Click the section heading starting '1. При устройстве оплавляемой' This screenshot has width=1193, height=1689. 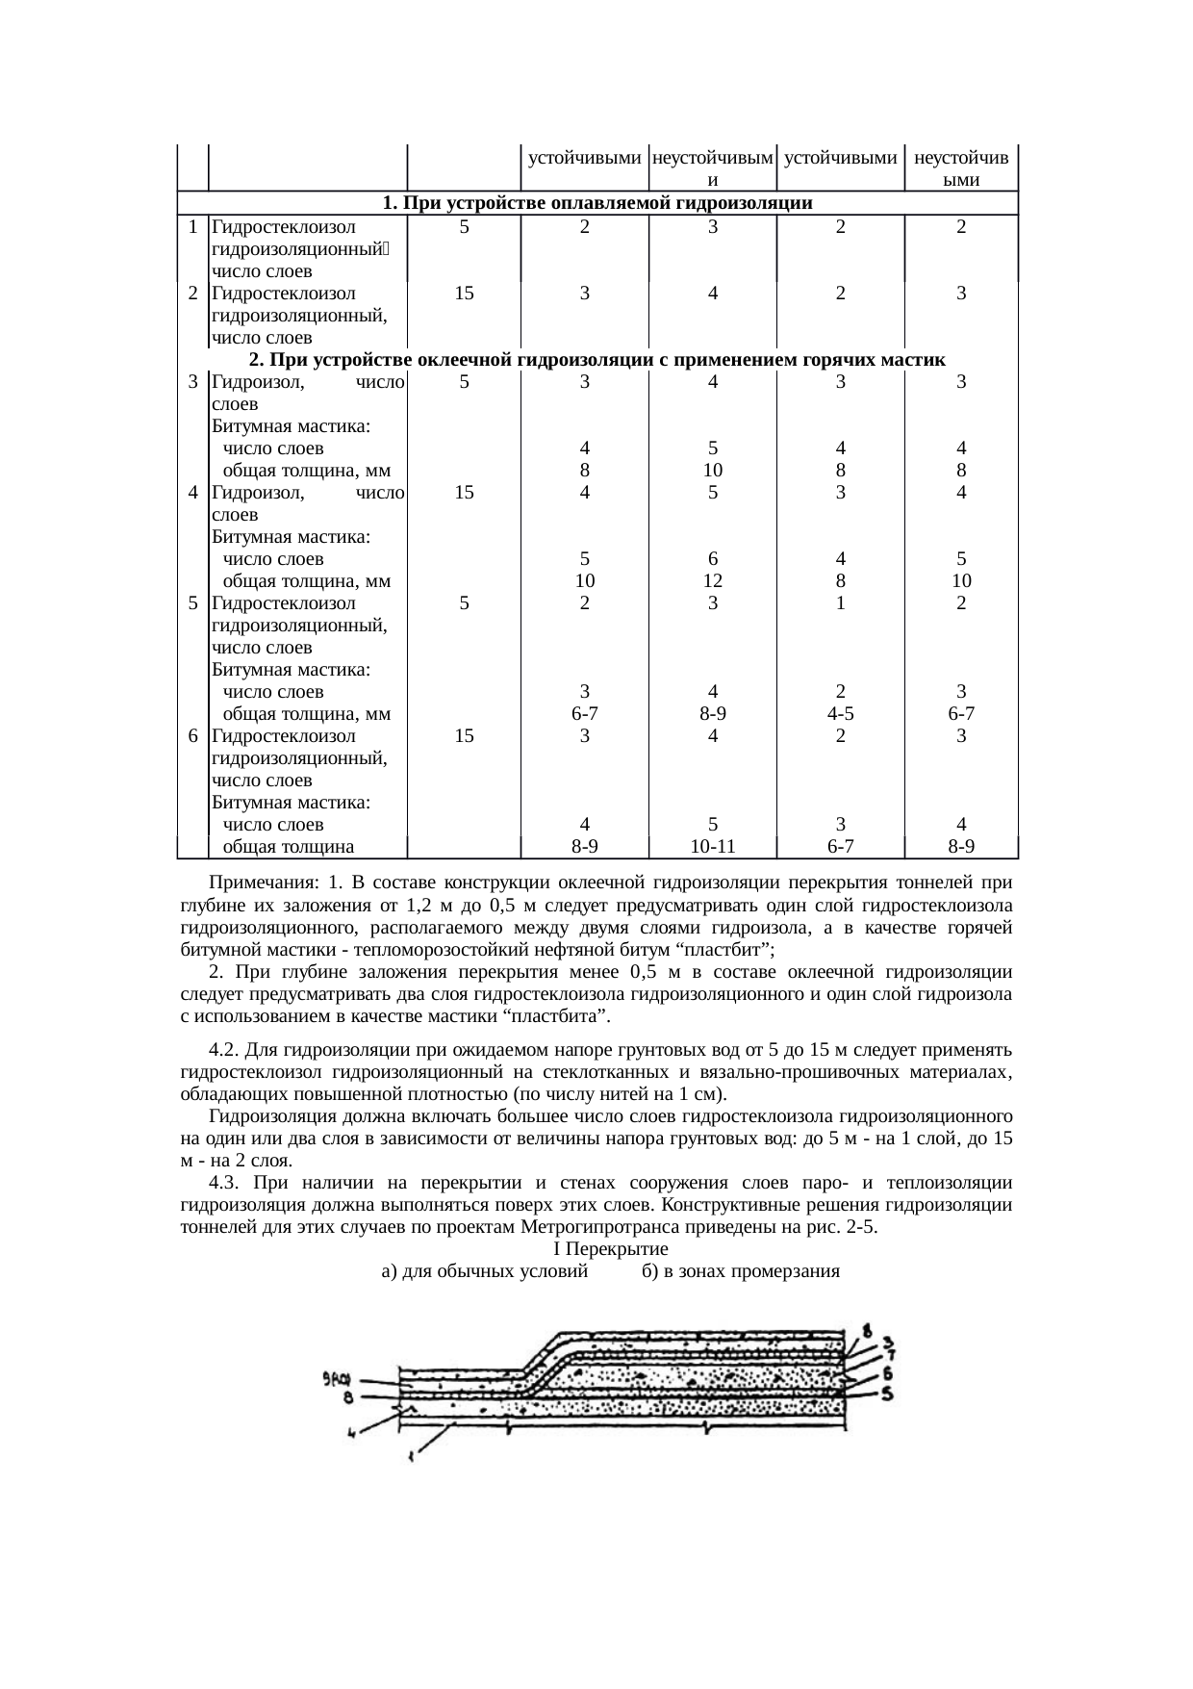click(x=596, y=203)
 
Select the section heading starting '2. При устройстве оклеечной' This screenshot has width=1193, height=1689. click(x=596, y=360)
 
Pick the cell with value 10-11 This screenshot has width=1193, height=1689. click(x=712, y=847)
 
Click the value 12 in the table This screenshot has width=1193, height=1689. click(x=712, y=581)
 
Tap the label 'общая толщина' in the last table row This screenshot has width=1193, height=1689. click(x=289, y=847)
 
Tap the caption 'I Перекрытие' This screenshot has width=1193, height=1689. click(x=611, y=1249)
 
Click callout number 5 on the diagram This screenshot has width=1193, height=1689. click(x=890, y=1392)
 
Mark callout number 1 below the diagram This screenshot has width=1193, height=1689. click(x=412, y=1457)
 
